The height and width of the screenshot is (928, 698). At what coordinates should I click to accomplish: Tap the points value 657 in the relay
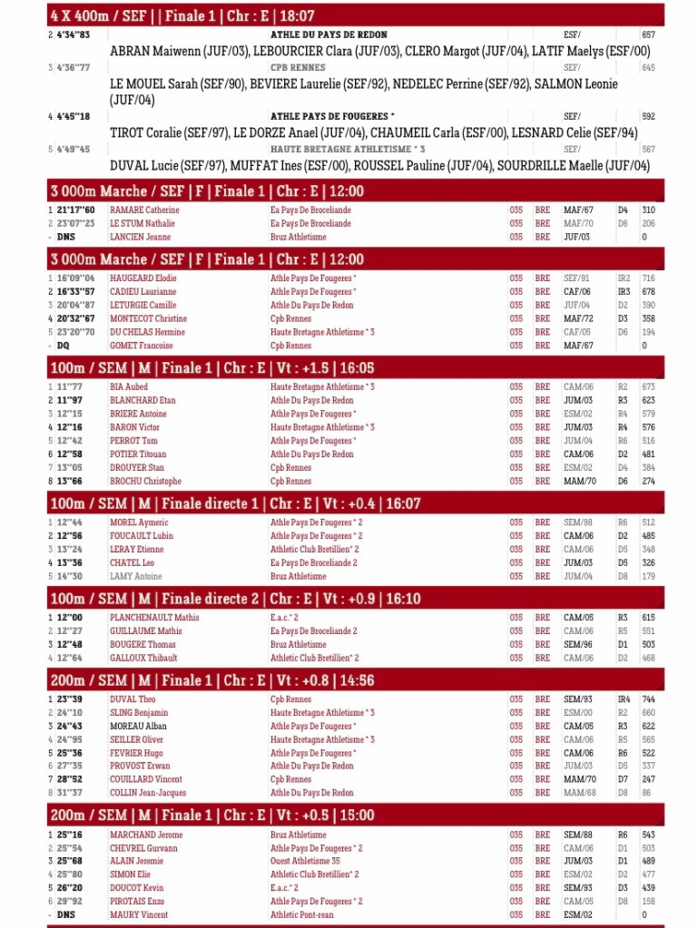pyautogui.click(x=648, y=34)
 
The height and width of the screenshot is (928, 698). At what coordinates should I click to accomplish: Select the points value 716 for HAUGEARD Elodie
pyautogui.click(x=648, y=278)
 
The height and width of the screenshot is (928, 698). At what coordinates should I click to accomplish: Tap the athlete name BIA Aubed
pyautogui.click(x=129, y=386)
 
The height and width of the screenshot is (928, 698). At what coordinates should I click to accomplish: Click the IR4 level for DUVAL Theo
pyautogui.click(x=624, y=699)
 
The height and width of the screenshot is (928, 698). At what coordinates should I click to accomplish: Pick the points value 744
pyautogui.click(x=648, y=699)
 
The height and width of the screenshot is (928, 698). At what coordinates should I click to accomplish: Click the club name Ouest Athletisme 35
pyautogui.click(x=305, y=862)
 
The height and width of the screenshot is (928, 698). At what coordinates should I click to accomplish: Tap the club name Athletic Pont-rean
pyautogui.click(x=302, y=915)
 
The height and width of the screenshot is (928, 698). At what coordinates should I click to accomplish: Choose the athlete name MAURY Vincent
pyautogui.click(x=140, y=915)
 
